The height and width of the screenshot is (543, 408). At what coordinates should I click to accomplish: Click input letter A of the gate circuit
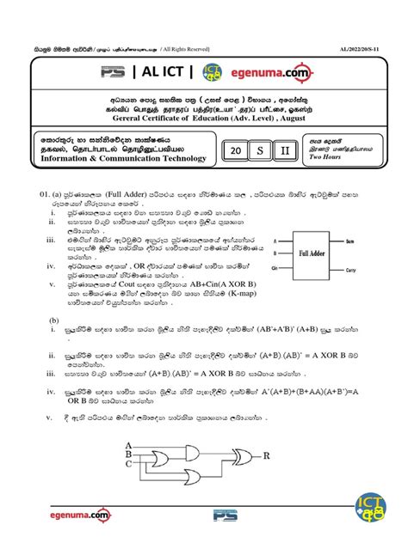(129, 445)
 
